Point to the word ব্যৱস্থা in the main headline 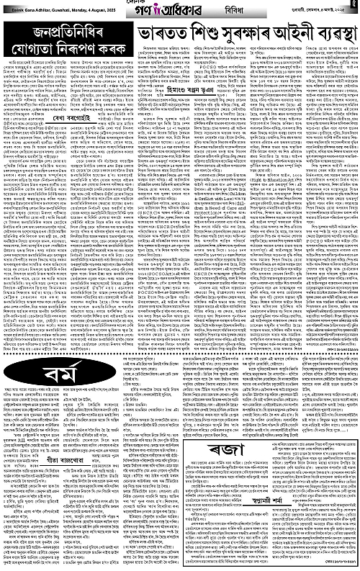pyautogui.click(x=324, y=32)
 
